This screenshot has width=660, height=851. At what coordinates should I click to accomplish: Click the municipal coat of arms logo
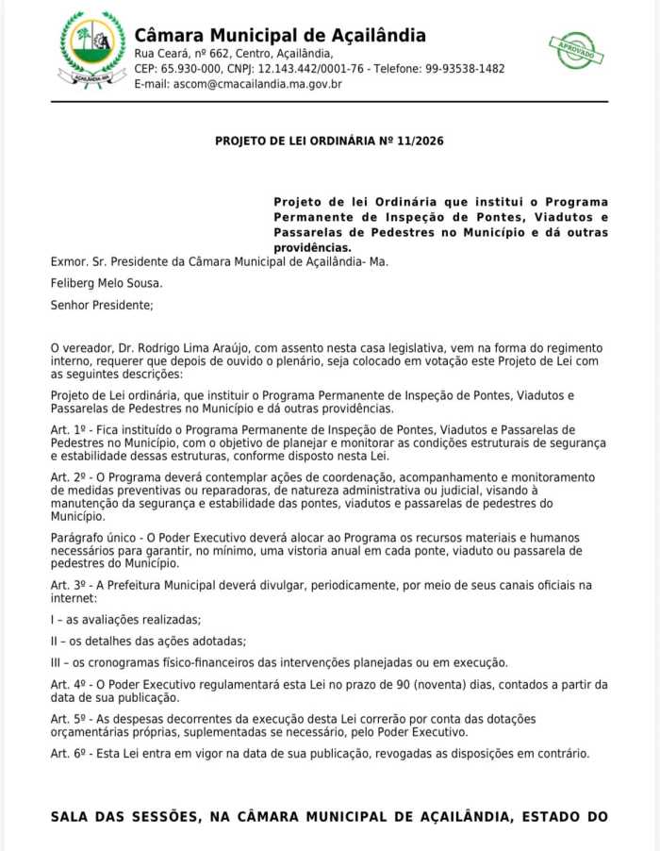click(x=92, y=49)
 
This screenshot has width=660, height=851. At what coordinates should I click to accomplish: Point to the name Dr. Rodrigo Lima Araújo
click(x=182, y=349)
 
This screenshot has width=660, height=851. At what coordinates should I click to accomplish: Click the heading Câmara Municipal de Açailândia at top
click(x=280, y=36)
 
